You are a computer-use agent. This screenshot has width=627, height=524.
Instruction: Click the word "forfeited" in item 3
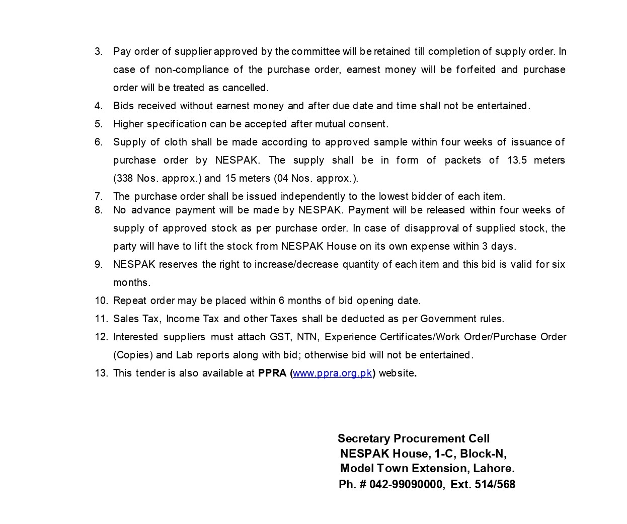pyautogui.click(x=476, y=69)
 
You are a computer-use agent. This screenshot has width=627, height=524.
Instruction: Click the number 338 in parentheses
pyautogui.click(x=124, y=178)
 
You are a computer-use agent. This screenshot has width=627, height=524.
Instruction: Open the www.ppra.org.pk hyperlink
pyautogui.click(x=332, y=373)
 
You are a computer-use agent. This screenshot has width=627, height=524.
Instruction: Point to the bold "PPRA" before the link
pyautogui.click(x=272, y=373)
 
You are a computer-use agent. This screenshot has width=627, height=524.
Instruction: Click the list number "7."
pyautogui.click(x=99, y=196)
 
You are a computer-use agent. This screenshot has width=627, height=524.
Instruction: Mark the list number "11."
pyautogui.click(x=101, y=319)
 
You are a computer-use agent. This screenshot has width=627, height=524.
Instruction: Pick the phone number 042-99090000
pyautogui.click(x=406, y=484)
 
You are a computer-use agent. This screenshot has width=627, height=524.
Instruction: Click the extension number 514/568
pyautogui.click(x=495, y=484)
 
